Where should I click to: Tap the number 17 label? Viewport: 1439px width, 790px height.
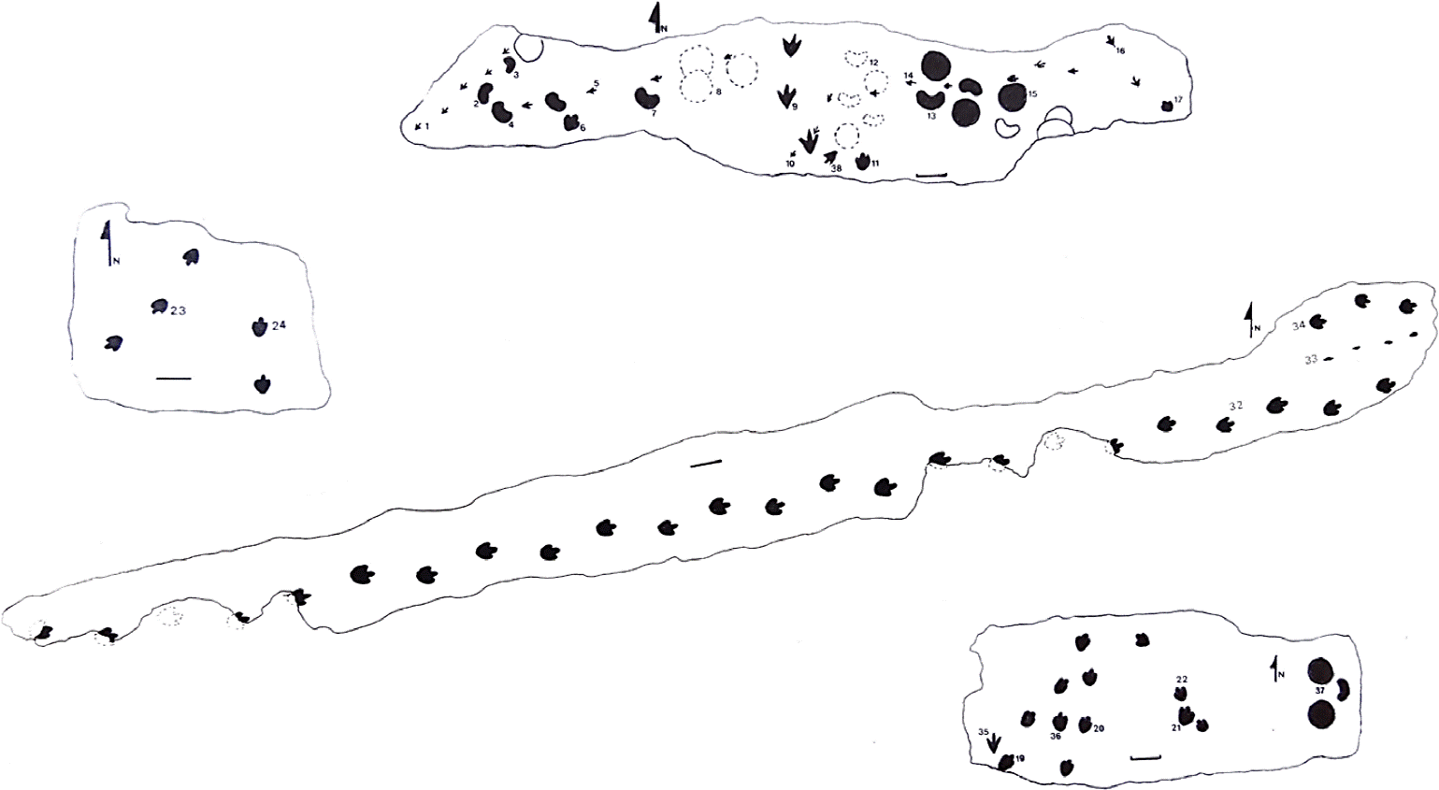pyautogui.click(x=1178, y=98)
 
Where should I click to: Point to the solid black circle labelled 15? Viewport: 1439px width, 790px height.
pyautogui.click(x=1011, y=96)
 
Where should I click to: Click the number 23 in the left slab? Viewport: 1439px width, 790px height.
pyautogui.click(x=178, y=310)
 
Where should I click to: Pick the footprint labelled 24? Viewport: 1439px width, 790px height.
pyautogui.click(x=259, y=327)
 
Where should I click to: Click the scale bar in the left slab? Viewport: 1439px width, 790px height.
pyautogui.click(x=173, y=378)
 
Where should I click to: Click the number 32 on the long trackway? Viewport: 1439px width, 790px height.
pyautogui.click(x=1235, y=405)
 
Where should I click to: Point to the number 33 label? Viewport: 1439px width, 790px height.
pyautogui.click(x=1311, y=359)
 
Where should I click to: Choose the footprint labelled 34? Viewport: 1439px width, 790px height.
pyautogui.click(x=1317, y=322)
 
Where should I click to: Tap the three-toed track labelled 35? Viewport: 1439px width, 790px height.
pyautogui.click(x=994, y=742)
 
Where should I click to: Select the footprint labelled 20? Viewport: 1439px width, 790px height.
pyautogui.click(x=1085, y=725)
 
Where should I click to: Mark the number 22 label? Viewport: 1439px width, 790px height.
pyautogui.click(x=1182, y=680)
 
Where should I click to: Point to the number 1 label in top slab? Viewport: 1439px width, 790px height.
pyautogui.click(x=426, y=125)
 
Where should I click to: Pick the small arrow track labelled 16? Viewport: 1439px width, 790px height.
pyautogui.click(x=1110, y=41)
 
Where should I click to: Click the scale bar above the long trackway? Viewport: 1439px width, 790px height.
pyautogui.click(x=706, y=462)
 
